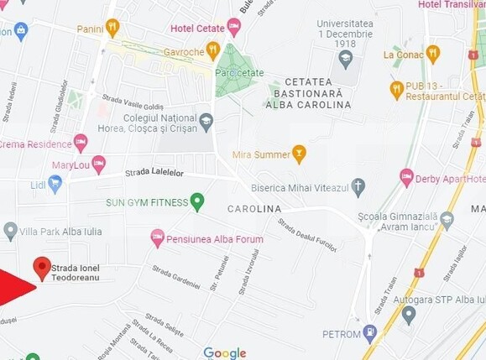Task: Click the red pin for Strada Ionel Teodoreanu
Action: click(x=42, y=268)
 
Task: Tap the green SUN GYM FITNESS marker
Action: click(x=197, y=201)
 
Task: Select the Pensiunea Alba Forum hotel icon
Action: click(x=157, y=238)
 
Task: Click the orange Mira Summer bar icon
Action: click(x=299, y=154)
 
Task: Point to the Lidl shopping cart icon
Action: click(x=55, y=184)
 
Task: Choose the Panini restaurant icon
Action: click(x=112, y=28)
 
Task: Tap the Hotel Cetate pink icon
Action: click(x=233, y=27)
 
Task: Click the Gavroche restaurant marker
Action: click(x=213, y=51)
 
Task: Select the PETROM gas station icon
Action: click(x=370, y=333)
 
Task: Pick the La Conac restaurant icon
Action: click(x=432, y=54)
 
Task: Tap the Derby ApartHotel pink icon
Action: click(x=407, y=177)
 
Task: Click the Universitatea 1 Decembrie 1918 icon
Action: click(x=345, y=59)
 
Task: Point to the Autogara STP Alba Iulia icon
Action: click(x=409, y=315)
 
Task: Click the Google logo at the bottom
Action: click(x=225, y=353)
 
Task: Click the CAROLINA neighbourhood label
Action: click(x=254, y=208)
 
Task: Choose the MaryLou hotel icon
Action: click(x=98, y=164)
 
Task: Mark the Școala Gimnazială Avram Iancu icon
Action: click(x=447, y=220)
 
